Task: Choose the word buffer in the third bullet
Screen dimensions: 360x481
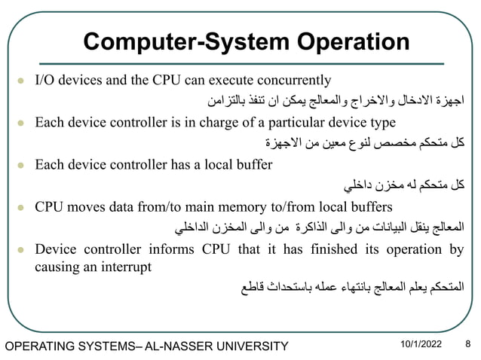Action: pyautogui.click(x=254, y=163)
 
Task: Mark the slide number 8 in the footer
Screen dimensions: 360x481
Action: pyautogui.click(x=467, y=344)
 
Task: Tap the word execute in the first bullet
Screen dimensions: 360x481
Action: pyautogui.click(x=222, y=81)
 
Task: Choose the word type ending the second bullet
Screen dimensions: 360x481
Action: pyautogui.click(x=380, y=122)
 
